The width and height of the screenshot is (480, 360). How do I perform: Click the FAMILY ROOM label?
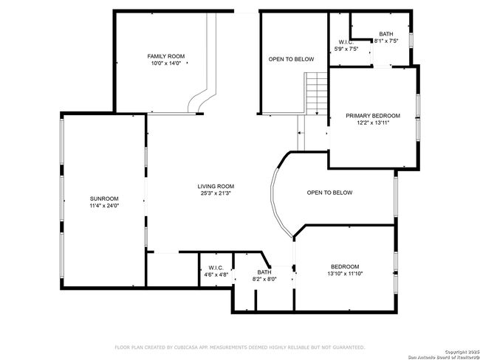(x=166, y=56)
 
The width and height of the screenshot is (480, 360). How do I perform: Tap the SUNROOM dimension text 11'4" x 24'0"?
(x=104, y=206)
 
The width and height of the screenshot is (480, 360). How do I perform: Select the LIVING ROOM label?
(x=216, y=186)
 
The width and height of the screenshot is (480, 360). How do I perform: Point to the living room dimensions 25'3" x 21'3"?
(x=216, y=193)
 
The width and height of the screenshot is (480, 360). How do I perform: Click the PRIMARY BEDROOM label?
(x=373, y=116)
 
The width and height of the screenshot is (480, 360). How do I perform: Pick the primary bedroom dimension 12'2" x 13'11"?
(x=373, y=122)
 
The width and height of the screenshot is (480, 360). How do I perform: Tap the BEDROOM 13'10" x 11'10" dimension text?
(x=345, y=274)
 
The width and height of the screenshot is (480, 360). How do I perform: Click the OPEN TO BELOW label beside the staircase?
(x=291, y=59)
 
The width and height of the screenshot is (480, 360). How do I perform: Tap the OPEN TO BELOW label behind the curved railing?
(x=329, y=193)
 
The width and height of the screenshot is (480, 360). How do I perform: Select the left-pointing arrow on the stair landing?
(x=301, y=133)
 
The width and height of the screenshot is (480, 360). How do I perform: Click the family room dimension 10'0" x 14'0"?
(x=166, y=63)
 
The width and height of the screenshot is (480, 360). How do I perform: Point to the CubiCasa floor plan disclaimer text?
(x=240, y=347)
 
